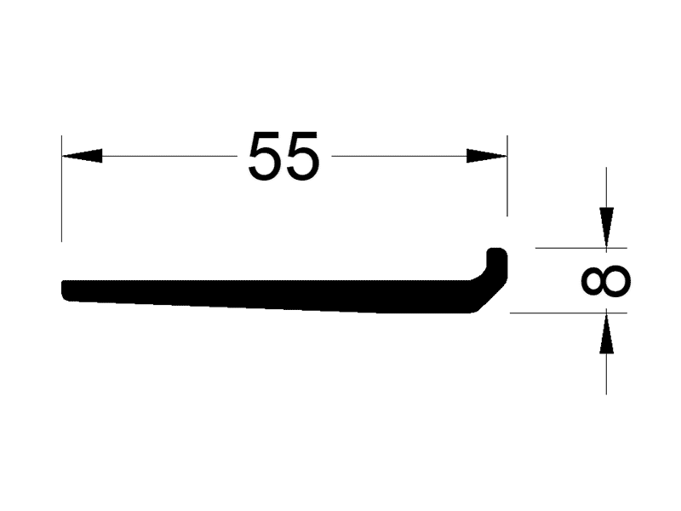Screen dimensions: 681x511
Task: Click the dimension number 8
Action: click(606, 281)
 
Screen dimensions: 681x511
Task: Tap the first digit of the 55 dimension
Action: click(264, 156)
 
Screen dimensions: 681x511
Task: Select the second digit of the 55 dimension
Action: click(303, 156)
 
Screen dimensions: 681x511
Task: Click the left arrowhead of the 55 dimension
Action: click(82, 156)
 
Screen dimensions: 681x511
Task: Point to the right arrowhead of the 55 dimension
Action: click(487, 156)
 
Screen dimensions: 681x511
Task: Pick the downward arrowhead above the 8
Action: click(606, 227)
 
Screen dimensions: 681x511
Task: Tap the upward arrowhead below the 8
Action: click(606, 333)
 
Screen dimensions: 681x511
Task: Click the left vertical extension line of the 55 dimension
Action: click(61, 188)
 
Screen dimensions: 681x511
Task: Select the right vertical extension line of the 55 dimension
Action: click(507, 175)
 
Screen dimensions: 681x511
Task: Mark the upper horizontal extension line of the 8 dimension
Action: click(581, 248)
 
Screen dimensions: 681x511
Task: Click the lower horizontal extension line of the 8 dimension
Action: click(569, 313)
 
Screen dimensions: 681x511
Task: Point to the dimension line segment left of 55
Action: click(169, 156)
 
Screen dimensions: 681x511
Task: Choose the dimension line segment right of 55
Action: click(399, 156)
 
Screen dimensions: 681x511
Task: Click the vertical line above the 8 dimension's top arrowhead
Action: click(606, 187)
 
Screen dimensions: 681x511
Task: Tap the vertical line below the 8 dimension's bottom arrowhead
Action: click(606, 374)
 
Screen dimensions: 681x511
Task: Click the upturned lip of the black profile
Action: click(497, 263)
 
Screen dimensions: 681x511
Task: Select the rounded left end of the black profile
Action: click(66, 290)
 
